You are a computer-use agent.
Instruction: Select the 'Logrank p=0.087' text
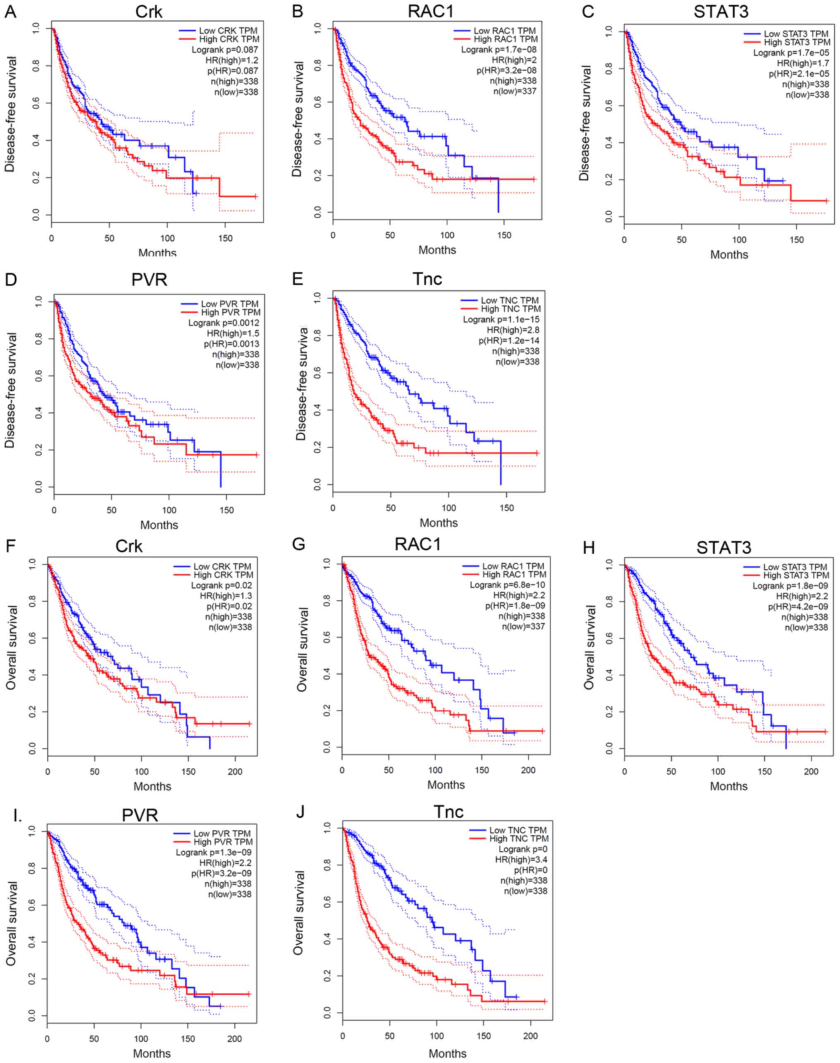click(224, 50)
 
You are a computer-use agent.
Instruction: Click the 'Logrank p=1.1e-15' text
click(501, 320)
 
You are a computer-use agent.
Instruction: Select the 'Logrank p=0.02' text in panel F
click(221, 585)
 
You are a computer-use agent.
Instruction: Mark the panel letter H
click(588, 548)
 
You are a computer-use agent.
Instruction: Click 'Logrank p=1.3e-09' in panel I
click(213, 852)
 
